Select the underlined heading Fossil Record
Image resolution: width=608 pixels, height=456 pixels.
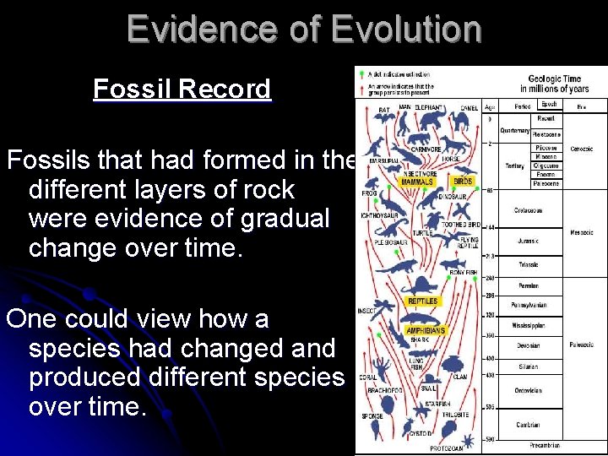182,89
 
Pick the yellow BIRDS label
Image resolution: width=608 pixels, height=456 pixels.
463,182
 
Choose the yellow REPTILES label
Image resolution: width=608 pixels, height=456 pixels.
422,301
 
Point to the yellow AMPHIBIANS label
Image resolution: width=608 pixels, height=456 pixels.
425,330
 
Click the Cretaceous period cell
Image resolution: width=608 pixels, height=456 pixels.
529,210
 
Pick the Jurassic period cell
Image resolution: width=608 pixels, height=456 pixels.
529,242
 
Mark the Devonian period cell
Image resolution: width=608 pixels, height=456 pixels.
528,345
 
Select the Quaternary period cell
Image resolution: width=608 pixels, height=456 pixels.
514,130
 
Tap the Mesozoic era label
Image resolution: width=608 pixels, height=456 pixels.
580,233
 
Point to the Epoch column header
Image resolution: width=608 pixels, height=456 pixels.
548,105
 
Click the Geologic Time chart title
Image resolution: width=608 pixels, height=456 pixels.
554,84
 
